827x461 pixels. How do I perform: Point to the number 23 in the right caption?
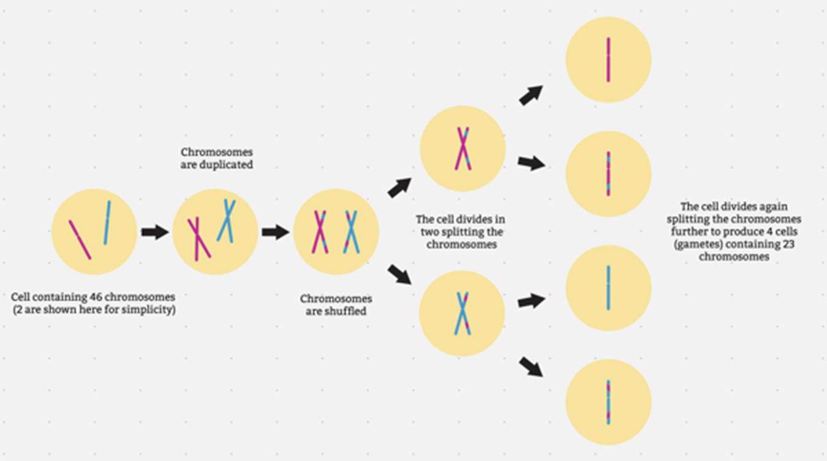(788, 244)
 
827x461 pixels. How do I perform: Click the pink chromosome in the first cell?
(80, 240)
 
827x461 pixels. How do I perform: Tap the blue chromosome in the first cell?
(107, 223)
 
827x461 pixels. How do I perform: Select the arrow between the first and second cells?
(155, 232)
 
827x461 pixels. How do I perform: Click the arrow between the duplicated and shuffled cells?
(276, 232)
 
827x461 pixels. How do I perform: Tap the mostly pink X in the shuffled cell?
(320, 232)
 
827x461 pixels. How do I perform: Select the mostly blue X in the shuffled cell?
(351, 232)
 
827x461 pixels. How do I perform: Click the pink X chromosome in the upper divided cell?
(463, 149)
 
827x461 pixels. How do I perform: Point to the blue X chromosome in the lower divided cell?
(463, 314)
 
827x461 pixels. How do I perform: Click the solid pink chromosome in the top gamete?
(608, 60)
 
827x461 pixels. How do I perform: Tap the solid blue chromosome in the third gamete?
(608, 288)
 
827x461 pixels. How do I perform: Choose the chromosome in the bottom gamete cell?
(608, 402)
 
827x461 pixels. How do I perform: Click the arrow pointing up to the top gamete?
(531, 95)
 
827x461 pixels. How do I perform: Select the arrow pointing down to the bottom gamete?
(531, 367)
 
